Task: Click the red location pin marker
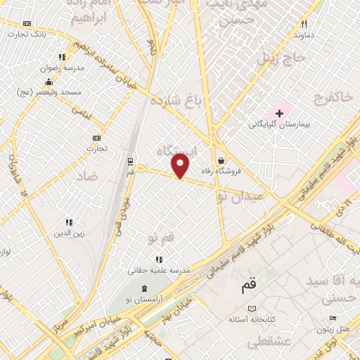(x=181, y=165)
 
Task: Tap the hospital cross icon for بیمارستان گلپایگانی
(x=279, y=112)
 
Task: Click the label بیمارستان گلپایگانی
(x=279, y=124)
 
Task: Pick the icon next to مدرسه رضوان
(x=62, y=57)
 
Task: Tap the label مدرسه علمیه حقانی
(x=160, y=270)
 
